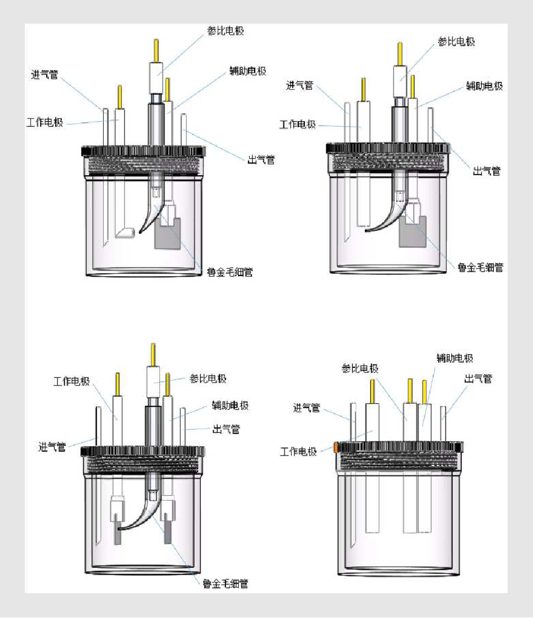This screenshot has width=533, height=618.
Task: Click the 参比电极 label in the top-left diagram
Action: pos(225,31)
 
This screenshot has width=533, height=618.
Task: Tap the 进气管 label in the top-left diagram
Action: pos(44,74)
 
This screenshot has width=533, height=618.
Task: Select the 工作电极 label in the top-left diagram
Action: pos(45,122)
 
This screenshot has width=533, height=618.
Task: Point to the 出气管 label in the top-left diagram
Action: pos(261,160)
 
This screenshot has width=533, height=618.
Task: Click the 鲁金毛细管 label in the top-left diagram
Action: pos(230,272)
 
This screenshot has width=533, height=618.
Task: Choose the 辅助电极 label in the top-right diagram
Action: pos(484,86)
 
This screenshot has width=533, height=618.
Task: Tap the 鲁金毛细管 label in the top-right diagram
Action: pos(480,268)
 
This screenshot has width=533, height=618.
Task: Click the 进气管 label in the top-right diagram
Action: pos(299,85)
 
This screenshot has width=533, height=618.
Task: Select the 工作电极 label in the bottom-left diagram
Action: pos(72,381)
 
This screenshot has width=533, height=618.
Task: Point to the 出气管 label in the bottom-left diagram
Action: pos(226,429)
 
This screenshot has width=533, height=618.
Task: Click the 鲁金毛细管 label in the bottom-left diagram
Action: pos(225,584)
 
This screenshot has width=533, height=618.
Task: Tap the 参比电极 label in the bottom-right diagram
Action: pos(360,368)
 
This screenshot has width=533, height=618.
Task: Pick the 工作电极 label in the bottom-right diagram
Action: pos(298,451)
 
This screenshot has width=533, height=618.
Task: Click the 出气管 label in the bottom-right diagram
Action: pos(478,379)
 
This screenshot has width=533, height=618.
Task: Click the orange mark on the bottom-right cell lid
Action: pos(336,447)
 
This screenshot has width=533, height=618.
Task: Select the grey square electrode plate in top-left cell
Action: pos(167,234)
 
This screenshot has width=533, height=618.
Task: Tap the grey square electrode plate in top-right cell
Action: pos(413,231)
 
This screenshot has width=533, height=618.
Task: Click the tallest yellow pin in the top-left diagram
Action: pos(156,51)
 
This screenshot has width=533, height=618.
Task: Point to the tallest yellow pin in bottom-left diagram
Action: pos(153,355)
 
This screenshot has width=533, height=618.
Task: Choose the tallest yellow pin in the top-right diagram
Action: pos(400,54)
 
